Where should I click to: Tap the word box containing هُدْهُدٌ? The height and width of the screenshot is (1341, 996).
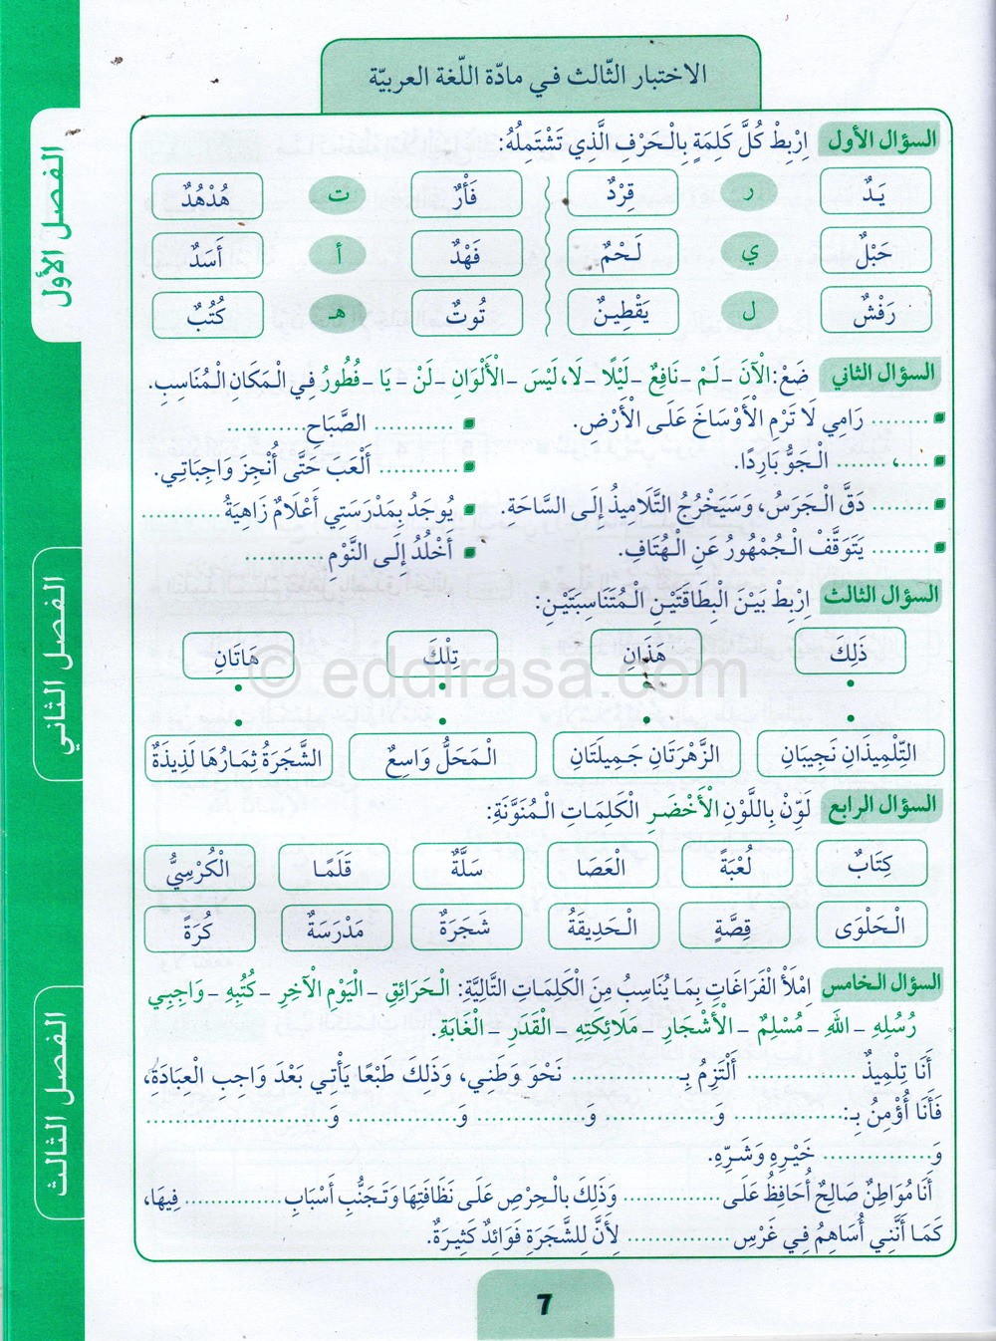click(206, 195)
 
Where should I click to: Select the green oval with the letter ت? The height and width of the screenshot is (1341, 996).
click(340, 195)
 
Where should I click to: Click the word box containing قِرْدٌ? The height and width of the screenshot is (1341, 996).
click(622, 193)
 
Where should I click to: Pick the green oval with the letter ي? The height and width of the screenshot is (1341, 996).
click(750, 253)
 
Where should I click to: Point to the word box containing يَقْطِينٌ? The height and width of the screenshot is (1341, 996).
click(622, 314)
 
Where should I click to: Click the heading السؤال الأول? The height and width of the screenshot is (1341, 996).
click(882, 139)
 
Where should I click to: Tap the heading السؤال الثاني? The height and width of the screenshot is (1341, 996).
click(882, 375)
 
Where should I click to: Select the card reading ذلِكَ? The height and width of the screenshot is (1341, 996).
click(850, 653)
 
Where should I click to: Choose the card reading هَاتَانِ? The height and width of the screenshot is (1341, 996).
click(238, 656)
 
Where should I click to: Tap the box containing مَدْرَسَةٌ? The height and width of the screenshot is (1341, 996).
click(334, 929)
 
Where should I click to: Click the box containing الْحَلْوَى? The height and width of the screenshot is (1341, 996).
click(871, 927)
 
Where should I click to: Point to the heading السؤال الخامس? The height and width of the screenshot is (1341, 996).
click(880, 983)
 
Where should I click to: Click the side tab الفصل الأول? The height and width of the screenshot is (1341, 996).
click(56, 224)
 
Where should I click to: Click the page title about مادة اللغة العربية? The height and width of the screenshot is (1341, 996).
click(539, 75)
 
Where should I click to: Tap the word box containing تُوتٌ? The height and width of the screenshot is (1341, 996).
click(466, 315)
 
